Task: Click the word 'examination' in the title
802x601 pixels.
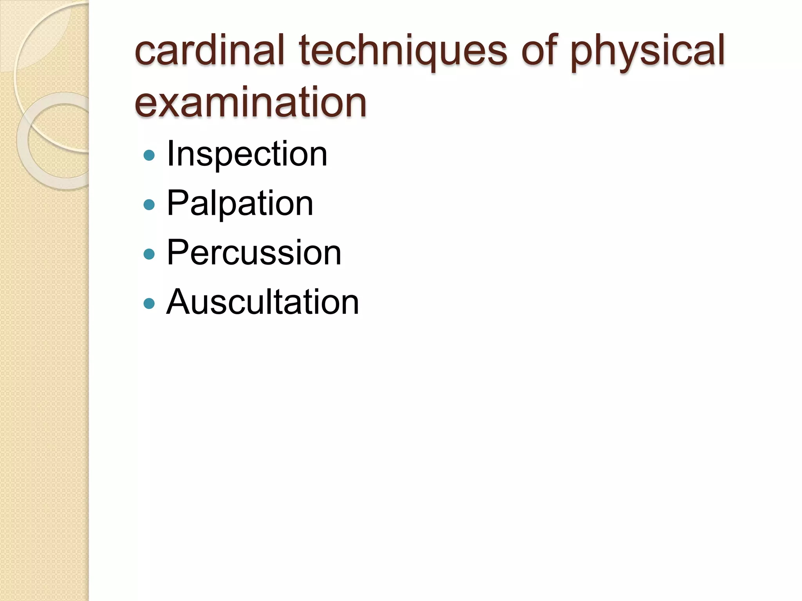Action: coord(251,103)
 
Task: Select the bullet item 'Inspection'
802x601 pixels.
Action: coord(247,154)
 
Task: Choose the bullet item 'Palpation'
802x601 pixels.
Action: coord(240,203)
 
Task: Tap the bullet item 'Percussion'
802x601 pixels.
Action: coord(254,253)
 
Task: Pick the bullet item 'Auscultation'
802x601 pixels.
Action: coord(262,302)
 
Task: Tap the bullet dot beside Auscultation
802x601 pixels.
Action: coord(149,304)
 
